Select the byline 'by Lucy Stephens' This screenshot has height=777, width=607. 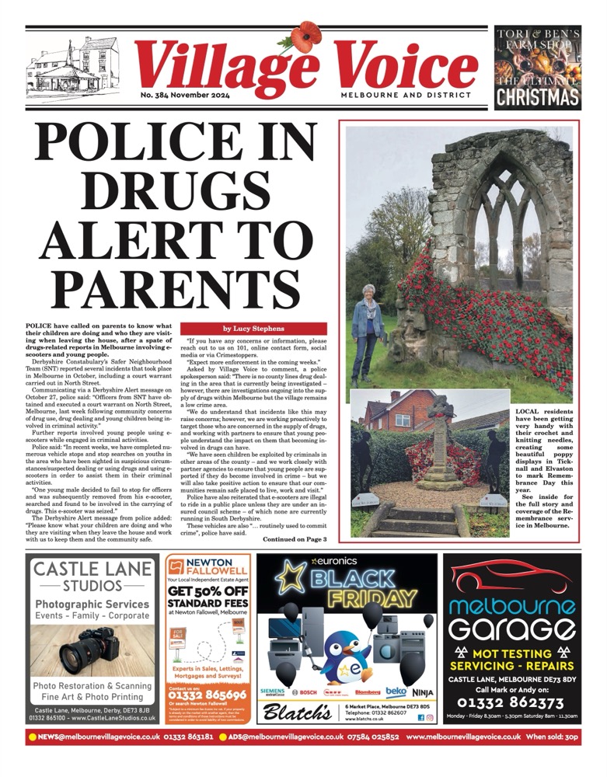(255, 329)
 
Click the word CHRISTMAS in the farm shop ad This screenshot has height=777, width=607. (537, 96)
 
